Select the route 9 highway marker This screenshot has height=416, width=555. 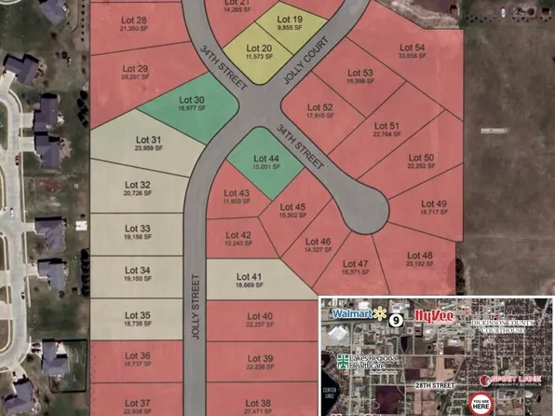coord(396,319)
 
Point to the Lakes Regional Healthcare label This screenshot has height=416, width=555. coord(372,362)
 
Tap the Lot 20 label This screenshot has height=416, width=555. coord(260,49)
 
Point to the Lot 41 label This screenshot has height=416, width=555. coord(247,275)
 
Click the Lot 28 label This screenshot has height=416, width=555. coord(135,21)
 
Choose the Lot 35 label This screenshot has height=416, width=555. coord(138,315)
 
